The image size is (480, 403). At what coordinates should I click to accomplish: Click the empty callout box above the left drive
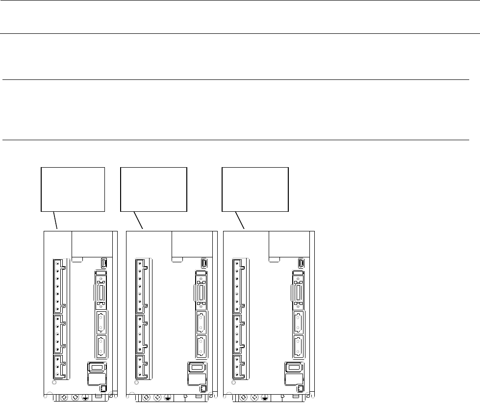click(x=73, y=189)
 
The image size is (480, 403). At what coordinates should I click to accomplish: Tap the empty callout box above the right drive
click(x=255, y=189)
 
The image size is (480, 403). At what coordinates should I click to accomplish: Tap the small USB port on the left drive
click(x=103, y=263)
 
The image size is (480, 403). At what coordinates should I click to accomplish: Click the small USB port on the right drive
click(x=298, y=263)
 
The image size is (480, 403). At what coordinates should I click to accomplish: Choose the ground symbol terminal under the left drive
click(x=85, y=397)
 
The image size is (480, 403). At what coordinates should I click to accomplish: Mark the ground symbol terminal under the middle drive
click(x=168, y=397)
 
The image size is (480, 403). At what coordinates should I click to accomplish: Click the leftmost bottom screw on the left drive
click(x=64, y=397)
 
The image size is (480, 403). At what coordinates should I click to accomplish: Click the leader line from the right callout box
click(x=240, y=220)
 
